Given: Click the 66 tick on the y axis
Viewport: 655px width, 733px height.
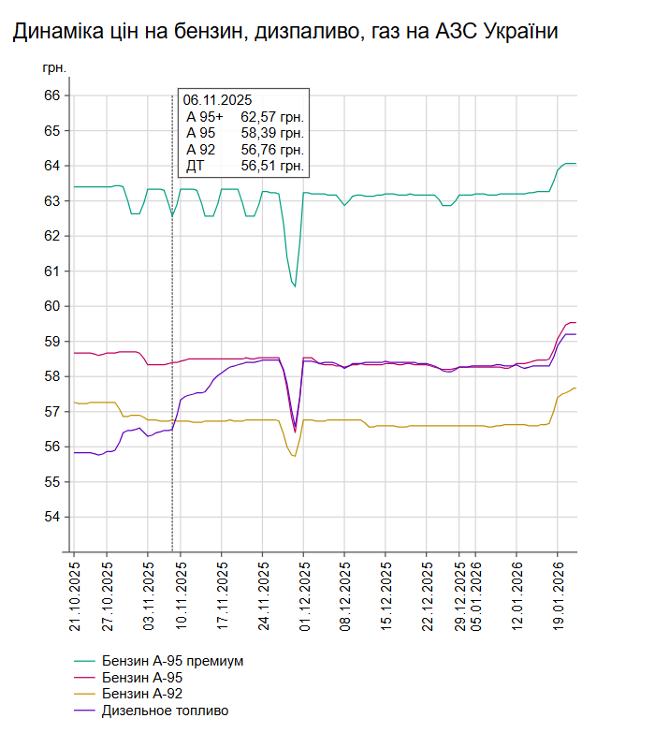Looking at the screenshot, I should point(51,95).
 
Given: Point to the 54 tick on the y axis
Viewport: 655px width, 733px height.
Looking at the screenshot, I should point(51,517).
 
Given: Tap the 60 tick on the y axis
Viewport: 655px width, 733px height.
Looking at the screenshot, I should point(51,306).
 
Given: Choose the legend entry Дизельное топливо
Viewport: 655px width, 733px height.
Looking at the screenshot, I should point(166,711).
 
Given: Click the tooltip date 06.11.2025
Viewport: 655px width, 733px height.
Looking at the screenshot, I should point(217,100).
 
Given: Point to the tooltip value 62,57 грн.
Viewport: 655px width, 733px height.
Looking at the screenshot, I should point(272,117).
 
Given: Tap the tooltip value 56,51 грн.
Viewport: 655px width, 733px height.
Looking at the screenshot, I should point(272,166).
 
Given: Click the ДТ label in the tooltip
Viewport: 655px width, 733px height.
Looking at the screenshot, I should point(195,166).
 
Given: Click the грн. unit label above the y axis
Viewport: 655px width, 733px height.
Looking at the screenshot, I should point(54,69).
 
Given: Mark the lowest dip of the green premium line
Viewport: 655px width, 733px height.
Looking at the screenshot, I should point(295,286).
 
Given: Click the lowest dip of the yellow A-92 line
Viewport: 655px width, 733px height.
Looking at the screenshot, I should point(294,456).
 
